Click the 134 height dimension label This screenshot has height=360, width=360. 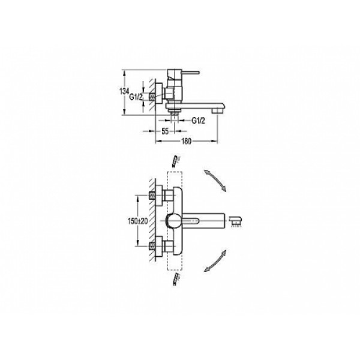124,91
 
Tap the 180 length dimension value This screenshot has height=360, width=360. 186,142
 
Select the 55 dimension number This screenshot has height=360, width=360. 165,131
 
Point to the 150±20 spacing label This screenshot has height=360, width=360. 138,221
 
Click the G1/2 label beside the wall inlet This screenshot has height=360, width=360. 136,97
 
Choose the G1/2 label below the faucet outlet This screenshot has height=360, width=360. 198,121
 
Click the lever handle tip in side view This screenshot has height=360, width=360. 198,73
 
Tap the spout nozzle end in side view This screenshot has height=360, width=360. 217,110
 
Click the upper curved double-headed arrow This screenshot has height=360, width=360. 215,181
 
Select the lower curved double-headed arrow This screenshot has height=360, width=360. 215,261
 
